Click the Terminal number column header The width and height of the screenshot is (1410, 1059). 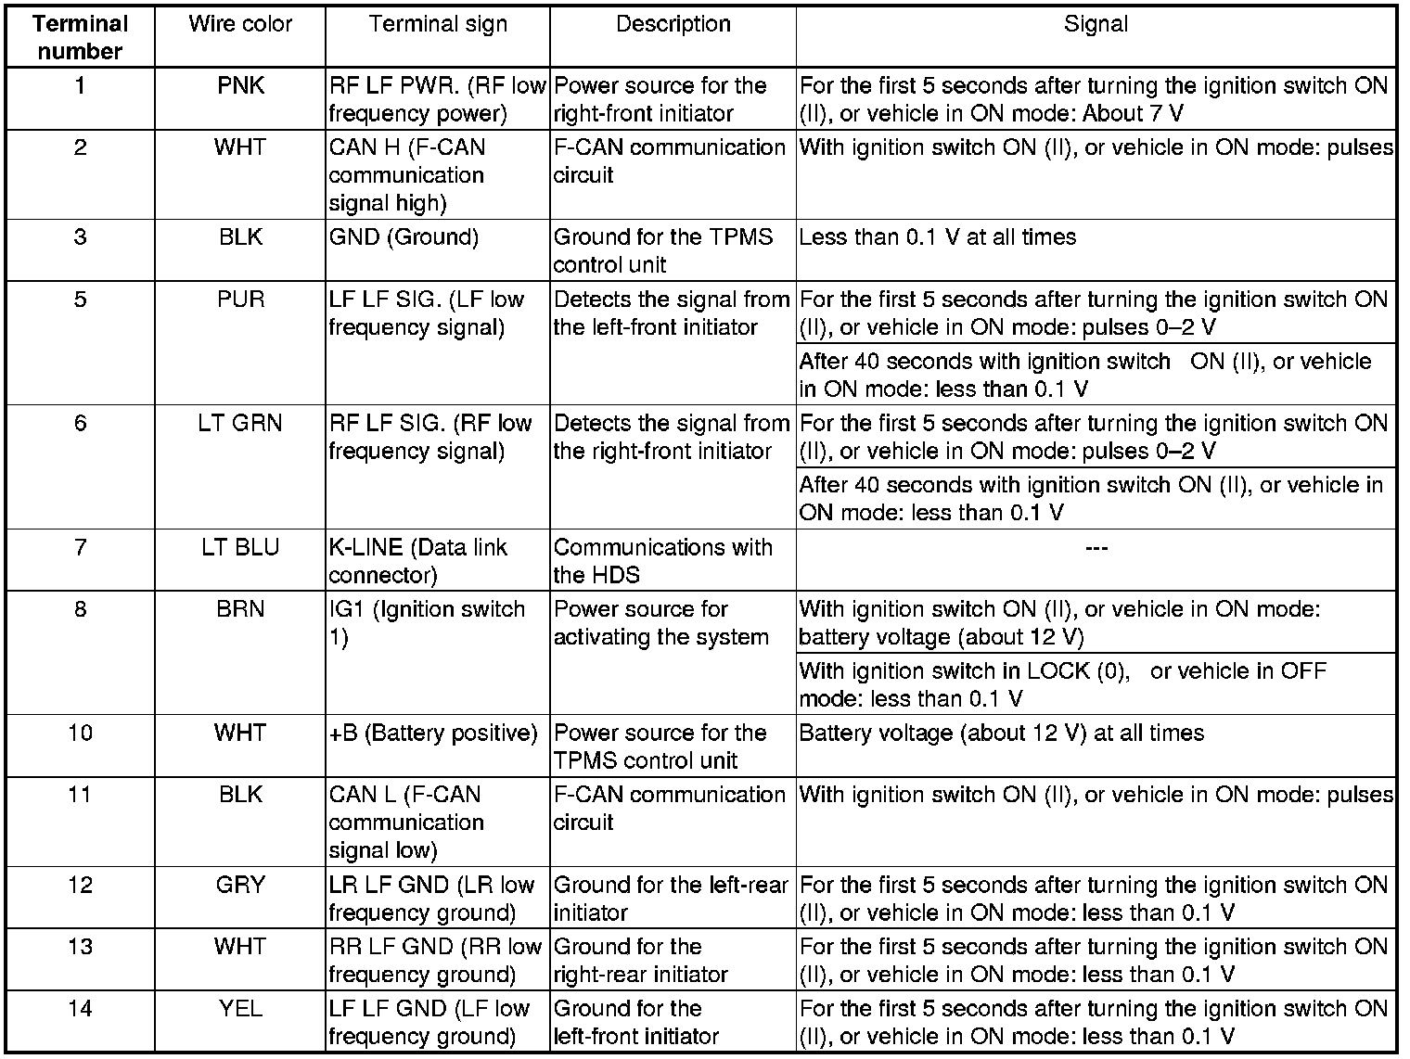[x=80, y=37]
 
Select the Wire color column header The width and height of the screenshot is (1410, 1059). [x=240, y=24]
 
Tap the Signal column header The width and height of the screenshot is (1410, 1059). [x=1096, y=24]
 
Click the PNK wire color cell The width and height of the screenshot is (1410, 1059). [x=240, y=86]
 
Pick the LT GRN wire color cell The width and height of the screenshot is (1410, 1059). [x=240, y=424]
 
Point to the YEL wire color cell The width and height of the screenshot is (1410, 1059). [x=240, y=1009]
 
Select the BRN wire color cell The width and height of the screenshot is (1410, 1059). [x=240, y=609]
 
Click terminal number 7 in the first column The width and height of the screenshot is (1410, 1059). [x=80, y=548]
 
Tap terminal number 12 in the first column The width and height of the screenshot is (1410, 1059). [x=80, y=886]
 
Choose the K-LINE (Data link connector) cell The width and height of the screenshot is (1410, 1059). [x=418, y=561]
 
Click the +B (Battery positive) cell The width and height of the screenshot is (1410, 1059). [x=433, y=734]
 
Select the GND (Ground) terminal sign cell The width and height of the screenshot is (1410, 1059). [x=404, y=237]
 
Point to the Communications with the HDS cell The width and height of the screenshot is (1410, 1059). [x=662, y=561]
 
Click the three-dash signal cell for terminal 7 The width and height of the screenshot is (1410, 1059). [x=1096, y=548]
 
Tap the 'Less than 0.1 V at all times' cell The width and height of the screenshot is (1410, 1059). [x=937, y=237]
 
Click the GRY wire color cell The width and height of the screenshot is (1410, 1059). [x=240, y=886]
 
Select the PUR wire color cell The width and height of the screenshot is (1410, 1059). [x=240, y=300]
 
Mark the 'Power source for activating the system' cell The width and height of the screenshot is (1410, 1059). [x=660, y=623]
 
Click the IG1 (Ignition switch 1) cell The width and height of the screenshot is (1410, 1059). [x=427, y=623]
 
